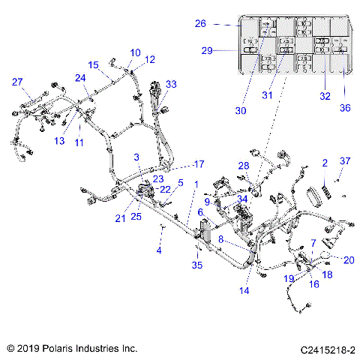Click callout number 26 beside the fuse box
[200, 24]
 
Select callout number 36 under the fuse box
[345, 108]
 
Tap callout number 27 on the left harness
[17, 82]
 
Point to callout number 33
[171, 85]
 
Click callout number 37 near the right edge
[345, 161]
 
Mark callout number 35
[197, 265]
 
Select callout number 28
[244, 165]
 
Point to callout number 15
[94, 64]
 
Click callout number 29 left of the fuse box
[206, 51]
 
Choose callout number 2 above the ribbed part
[325, 163]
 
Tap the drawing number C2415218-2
[328, 349]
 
